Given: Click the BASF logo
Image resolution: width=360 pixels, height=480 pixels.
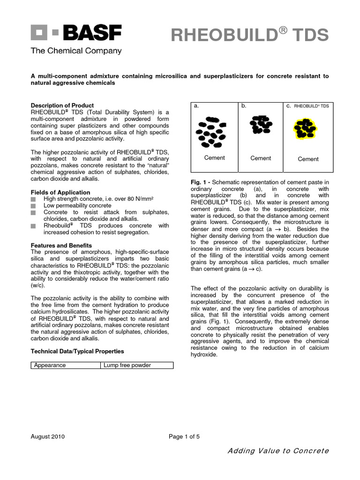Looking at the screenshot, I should pyautogui.click(x=76, y=33).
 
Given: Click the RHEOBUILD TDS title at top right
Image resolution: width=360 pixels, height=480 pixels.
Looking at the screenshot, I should pyautogui.click(x=249, y=35).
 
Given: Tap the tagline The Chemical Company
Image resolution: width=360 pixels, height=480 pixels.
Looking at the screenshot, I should pyautogui.click(x=76, y=51).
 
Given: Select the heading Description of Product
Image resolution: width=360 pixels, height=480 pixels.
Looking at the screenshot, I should pyautogui.click(x=62, y=105).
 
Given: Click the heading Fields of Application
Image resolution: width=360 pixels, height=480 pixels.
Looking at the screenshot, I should pyautogui.click(x=60, y=192).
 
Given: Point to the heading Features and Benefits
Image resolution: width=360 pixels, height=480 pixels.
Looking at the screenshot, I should pyautogui.click(x=61, y=246).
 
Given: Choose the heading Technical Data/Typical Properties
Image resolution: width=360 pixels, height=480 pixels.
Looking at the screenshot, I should pyautogui.click(x=77, y=351).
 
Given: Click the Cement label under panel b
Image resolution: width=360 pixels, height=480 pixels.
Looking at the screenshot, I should pyautogui.click(x=261, y=158).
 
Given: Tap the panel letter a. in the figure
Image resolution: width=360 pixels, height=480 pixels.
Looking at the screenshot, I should pyautogui.click(x=196, y=106).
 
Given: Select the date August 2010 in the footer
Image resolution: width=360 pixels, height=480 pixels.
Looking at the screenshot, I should pyautogui.click(x=48, y=436).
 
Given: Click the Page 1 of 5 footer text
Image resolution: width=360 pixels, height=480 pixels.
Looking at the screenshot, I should pyautogui.click(x=184, y=436).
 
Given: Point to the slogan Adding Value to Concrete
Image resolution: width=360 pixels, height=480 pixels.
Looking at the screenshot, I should pyautogui.click(x=278, y=451).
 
